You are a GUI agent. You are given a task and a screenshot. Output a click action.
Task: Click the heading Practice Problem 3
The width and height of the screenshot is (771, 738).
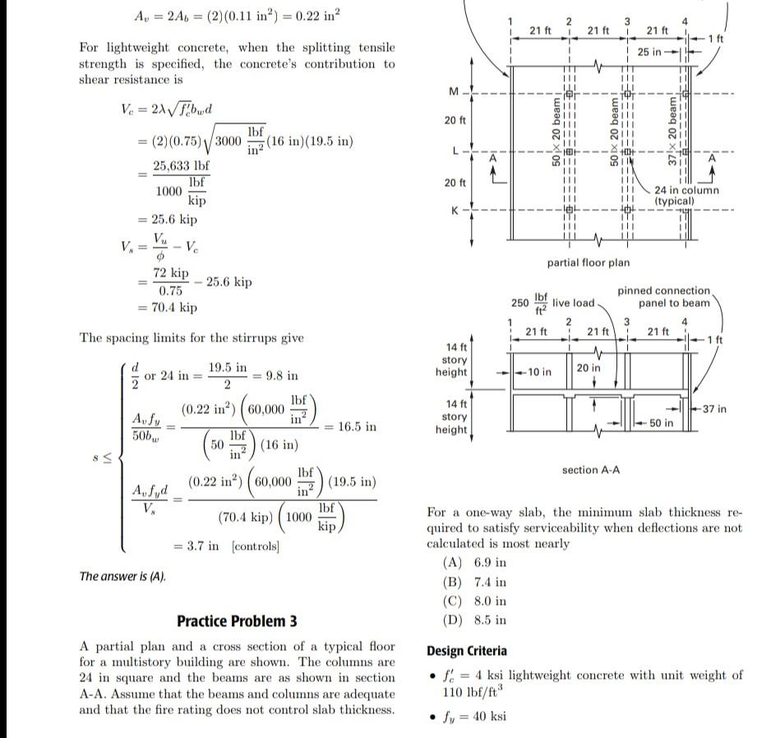point(237,621)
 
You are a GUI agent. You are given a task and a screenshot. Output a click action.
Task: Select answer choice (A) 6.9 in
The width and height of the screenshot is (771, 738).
point(474,563)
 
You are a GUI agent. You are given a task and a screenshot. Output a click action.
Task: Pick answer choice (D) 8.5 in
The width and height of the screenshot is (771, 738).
point(474,620)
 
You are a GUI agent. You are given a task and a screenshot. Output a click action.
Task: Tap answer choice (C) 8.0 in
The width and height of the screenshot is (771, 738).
point(474,601)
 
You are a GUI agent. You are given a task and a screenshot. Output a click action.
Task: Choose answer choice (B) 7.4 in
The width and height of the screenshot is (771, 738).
point(474,583)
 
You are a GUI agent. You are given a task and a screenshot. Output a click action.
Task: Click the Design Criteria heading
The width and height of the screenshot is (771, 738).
point(467,651)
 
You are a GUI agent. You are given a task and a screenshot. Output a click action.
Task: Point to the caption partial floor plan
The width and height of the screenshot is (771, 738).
point(588,262)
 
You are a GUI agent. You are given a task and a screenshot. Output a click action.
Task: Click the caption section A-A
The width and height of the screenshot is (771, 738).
point(590,470)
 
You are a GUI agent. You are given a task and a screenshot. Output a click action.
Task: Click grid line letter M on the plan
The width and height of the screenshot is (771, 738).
point(451,91)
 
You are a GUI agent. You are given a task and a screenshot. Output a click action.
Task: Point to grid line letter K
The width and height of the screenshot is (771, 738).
point(451,211)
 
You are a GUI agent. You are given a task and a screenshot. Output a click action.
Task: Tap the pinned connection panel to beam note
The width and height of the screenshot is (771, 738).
point(663,296)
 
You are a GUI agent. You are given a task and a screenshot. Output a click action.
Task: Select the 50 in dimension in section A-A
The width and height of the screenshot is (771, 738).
point(661,423)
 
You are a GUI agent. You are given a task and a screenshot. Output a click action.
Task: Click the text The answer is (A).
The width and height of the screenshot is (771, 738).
point(122,576)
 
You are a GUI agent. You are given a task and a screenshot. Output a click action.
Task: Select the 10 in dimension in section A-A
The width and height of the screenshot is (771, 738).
point(540,372)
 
